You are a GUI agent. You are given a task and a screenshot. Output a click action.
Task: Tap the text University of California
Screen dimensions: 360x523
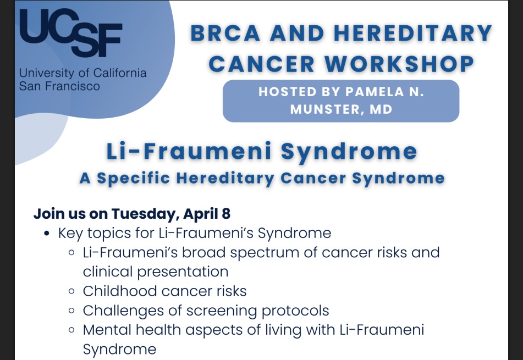point(82,73)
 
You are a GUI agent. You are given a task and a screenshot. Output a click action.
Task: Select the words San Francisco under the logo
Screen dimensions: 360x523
point(59,86)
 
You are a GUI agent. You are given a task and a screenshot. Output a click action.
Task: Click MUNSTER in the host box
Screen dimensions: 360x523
point(325,109)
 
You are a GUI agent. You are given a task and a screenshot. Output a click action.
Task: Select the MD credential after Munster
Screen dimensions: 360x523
point(381,109)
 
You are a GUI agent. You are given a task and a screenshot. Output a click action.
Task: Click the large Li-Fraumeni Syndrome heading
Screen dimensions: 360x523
point(261,152)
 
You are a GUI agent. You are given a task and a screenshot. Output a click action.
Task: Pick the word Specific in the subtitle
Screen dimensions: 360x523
point(137,178)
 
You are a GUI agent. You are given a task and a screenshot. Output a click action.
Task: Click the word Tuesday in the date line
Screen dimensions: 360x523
point(145,213)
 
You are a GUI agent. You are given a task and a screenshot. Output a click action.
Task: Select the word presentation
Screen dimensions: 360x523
point(182,272)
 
